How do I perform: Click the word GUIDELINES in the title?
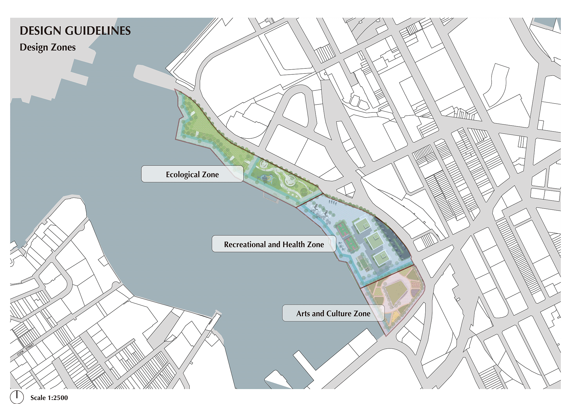[x=98, y=31]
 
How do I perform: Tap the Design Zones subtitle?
[x=48, y=47]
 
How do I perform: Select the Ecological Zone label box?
[x=192, y=174]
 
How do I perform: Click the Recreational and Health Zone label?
[x=274, y=244]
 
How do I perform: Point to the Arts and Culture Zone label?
[x=333, y=313]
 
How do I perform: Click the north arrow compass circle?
[x=17, y=397]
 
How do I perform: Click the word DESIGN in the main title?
[x=40, y=31]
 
